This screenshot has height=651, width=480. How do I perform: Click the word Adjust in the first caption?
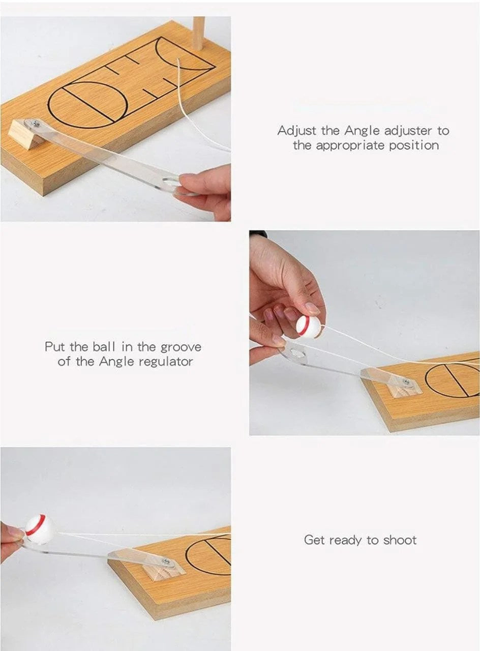pos(296,131)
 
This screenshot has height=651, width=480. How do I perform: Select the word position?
pos(414,145)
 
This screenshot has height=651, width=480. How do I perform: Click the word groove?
pos(181,347)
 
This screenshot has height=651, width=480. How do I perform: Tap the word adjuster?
pos(408,131)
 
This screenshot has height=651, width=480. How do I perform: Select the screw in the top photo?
pos(37,123)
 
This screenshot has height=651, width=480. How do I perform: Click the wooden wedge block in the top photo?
pos(25,134)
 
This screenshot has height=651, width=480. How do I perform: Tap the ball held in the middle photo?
pos(308,328)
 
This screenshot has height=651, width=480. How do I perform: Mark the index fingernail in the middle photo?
pos(313,308)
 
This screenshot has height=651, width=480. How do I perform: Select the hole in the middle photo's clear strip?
pos(298,354)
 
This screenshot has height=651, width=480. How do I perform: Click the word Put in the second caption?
pos(56,347)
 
